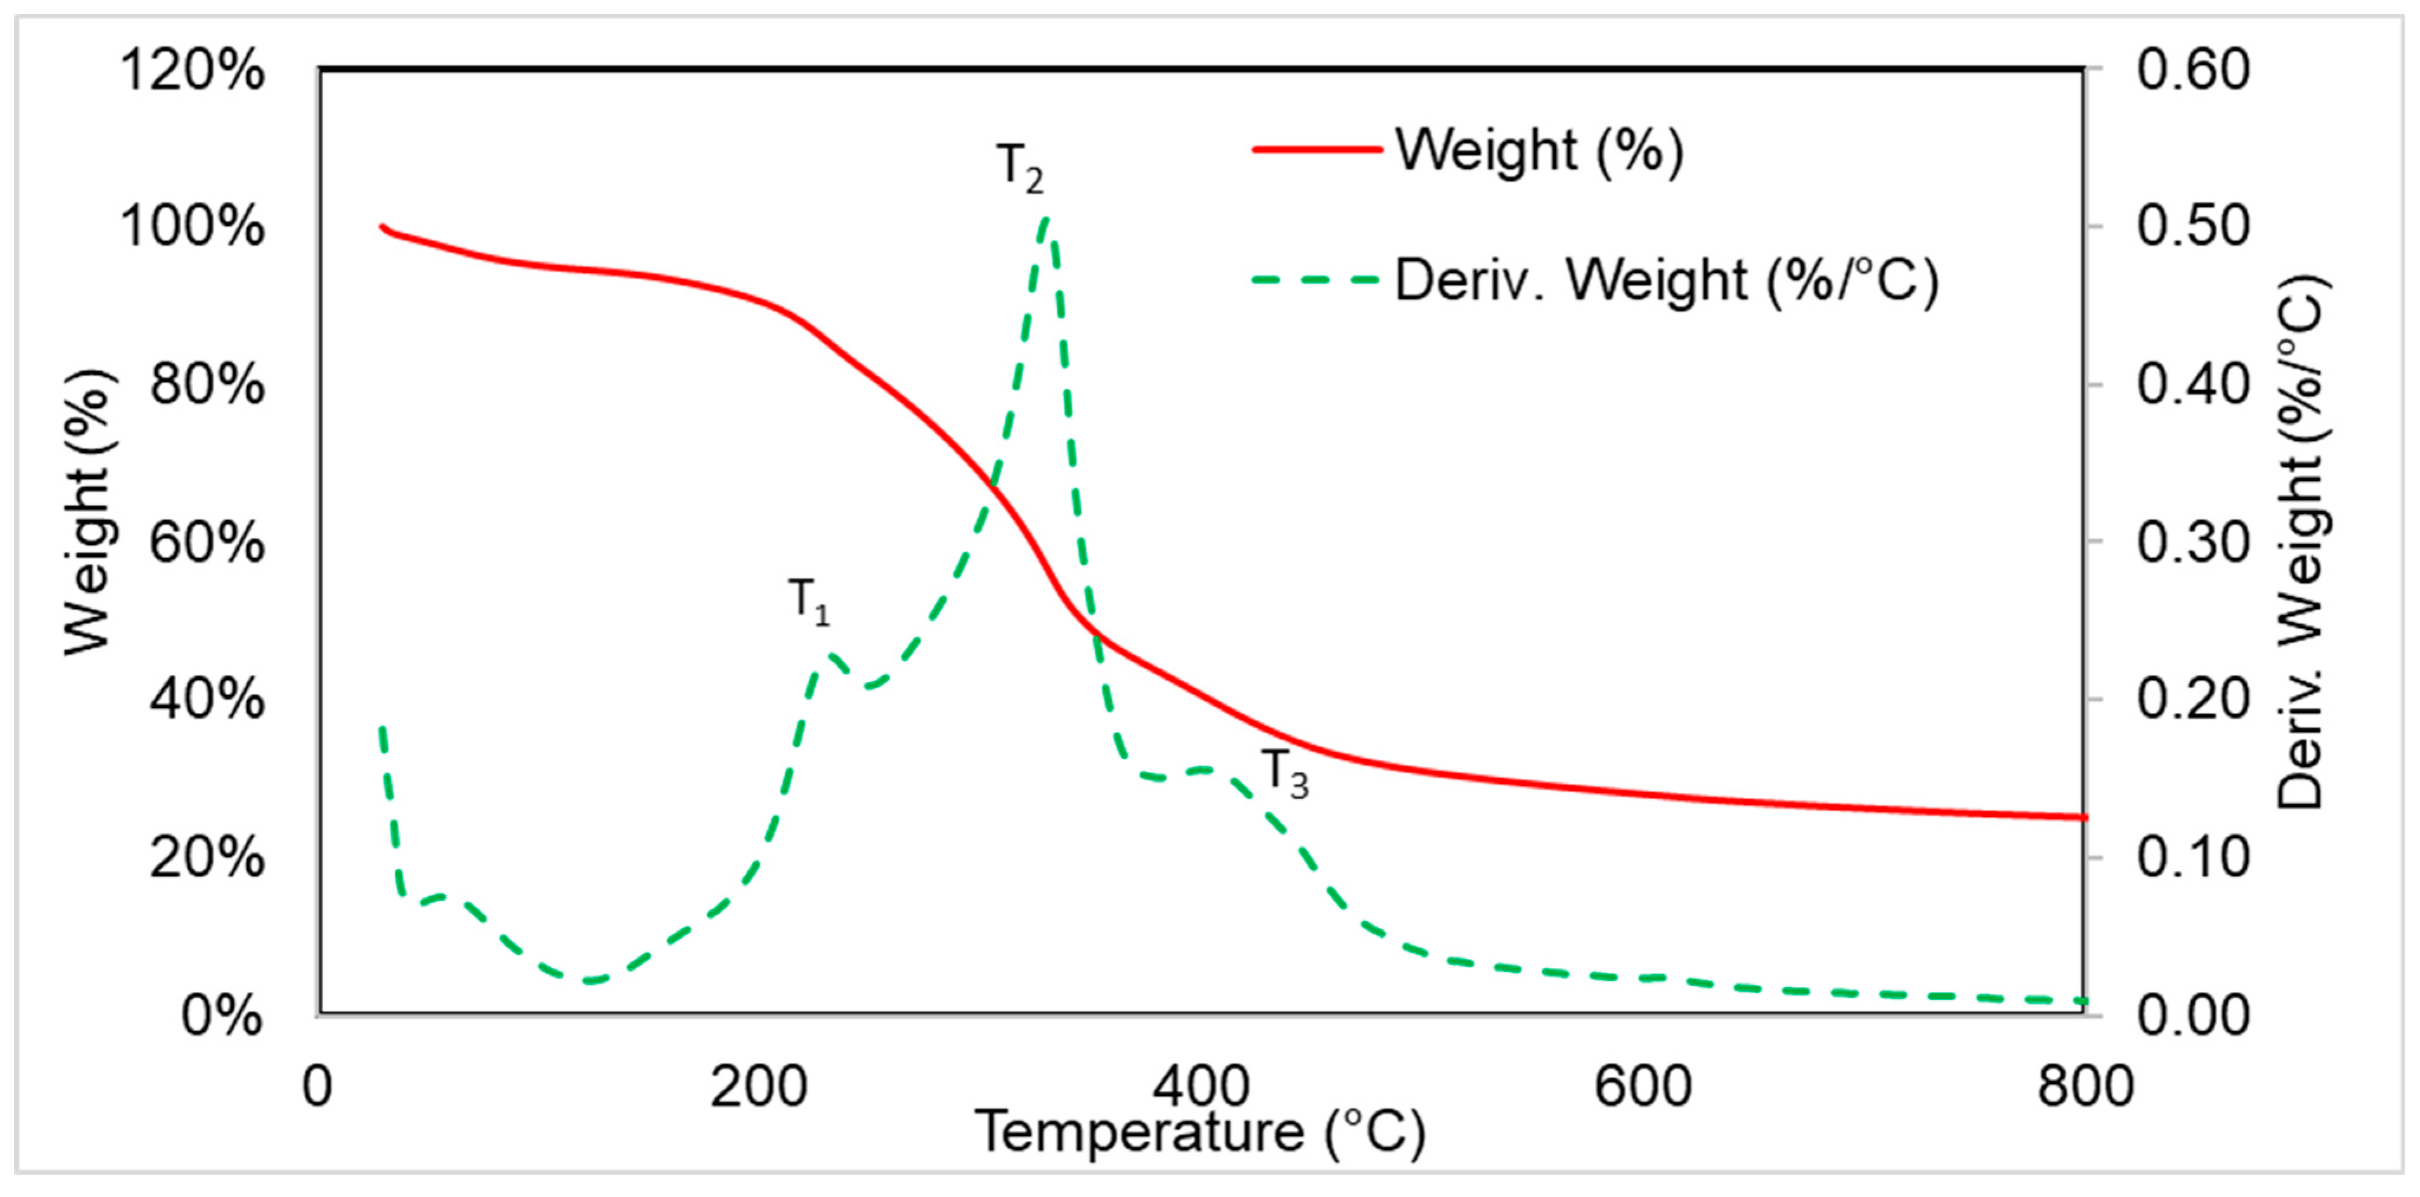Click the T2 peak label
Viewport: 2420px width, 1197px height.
[x=1019, y=168]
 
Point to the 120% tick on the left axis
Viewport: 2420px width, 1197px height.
[x=193, y=70]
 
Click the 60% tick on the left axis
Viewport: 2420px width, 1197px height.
[x=207, y=543]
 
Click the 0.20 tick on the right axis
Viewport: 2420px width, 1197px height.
[x=2194, y=700]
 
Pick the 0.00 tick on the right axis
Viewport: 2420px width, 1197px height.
[x=2194, y=1016]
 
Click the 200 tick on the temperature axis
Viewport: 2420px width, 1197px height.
[x=759, y=1087]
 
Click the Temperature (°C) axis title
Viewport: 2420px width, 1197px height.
[x=1201, y=1132]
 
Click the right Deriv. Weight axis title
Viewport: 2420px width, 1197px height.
[x=2299, y=541]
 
